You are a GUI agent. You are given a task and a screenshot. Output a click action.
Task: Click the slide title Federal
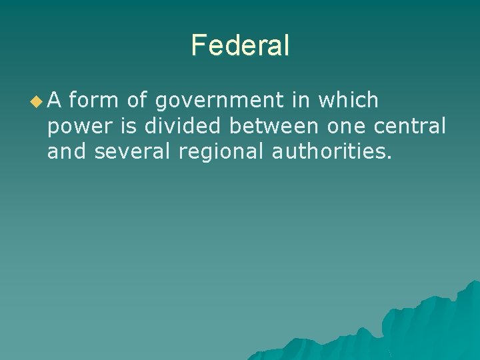click(240, 45)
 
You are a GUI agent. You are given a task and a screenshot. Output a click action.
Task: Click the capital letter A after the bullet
click(55, 101)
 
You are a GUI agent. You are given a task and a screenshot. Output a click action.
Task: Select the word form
click(94, 101)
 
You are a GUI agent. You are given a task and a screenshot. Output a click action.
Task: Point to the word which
click(349, 101)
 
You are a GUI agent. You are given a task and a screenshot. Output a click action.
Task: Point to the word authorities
click(327, 151)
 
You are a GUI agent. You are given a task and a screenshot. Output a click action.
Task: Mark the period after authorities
click(389, 157)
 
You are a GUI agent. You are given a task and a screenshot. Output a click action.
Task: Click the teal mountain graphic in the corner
click(427, 327)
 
